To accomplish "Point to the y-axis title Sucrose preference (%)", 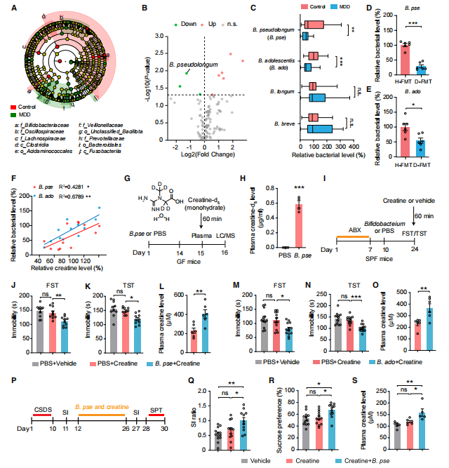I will [x=271, y=420].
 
